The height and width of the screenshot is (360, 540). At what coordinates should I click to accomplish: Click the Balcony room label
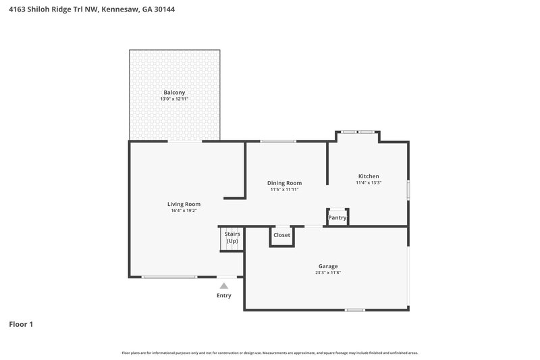click(174, 93)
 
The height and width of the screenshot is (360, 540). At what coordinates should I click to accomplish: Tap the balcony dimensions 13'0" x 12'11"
click(174, 99)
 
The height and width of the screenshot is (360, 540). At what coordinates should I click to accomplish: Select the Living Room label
click(184, 204)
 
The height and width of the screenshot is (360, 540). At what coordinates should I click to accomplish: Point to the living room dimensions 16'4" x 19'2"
click(184, 211)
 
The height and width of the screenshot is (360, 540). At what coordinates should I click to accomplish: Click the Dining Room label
click(284, 183)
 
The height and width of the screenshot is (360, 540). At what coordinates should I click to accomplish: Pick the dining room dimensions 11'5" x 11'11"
click(284, 190)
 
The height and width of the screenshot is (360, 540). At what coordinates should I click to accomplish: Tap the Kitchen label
click(369, 176)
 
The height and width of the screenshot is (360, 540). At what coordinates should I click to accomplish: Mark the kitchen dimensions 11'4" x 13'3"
click(369, 182)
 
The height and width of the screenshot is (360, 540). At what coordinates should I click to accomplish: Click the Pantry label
click(337, 217)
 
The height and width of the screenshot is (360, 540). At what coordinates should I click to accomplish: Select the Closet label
click(281, 235)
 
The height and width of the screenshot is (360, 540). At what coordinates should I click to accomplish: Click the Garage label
click(328, 266)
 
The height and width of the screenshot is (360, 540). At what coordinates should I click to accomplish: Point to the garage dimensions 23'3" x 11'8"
click(328, 273)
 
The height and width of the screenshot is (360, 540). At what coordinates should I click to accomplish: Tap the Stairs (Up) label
click(232, 237)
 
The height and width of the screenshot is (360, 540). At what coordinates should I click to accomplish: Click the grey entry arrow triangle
click(224, 286)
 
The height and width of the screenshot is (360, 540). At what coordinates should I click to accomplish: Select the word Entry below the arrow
click(224, 296)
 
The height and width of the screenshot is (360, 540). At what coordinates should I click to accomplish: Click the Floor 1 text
click(21, 324)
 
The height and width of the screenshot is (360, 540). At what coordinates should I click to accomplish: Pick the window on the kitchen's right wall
click(408, 189)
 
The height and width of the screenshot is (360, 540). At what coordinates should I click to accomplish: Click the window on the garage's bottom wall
click(355, 310)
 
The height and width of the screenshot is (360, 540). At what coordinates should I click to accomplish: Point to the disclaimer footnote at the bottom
click(270, 353)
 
